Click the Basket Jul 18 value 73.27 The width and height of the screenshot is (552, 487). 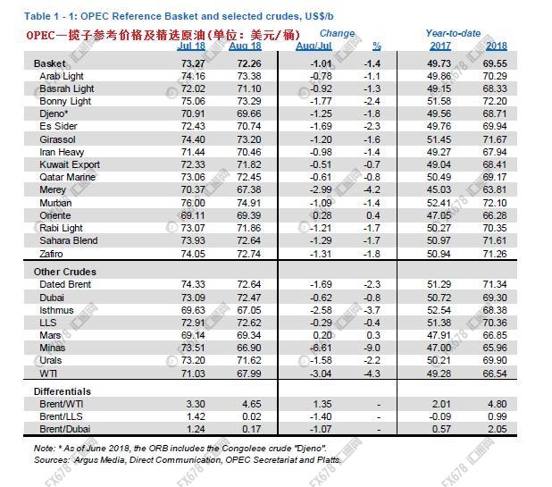[194, 63]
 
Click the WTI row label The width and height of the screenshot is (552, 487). [49, 373]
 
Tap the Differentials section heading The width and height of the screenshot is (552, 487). [62, 392]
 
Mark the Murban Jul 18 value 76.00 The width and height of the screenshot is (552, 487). [194, 204]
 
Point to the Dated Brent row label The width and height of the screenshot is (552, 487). [64, 283]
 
